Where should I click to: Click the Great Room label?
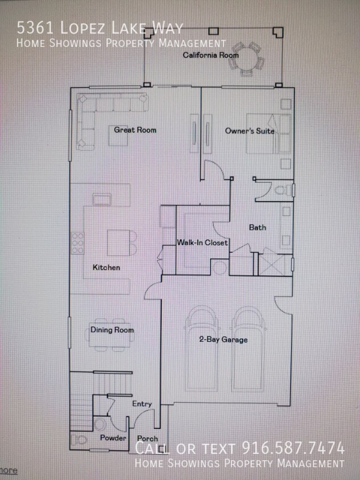tap(135, 130)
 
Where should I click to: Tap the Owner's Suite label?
tap(249, 131)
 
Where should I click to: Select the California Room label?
tap(210, 55)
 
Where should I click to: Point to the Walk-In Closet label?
tap(202, 243)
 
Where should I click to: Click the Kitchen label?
tap(106, 267)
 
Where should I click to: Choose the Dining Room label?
tap(112, 330)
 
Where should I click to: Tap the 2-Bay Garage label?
tap(223, 340)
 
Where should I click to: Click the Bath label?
tap(258, 227)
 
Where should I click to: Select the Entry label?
tap(142, 404)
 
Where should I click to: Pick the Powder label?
tap(113, 438)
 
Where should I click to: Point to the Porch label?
tap(148, 438)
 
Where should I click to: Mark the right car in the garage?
tap(248, 348)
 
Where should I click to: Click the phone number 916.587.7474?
tap(293, 448)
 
